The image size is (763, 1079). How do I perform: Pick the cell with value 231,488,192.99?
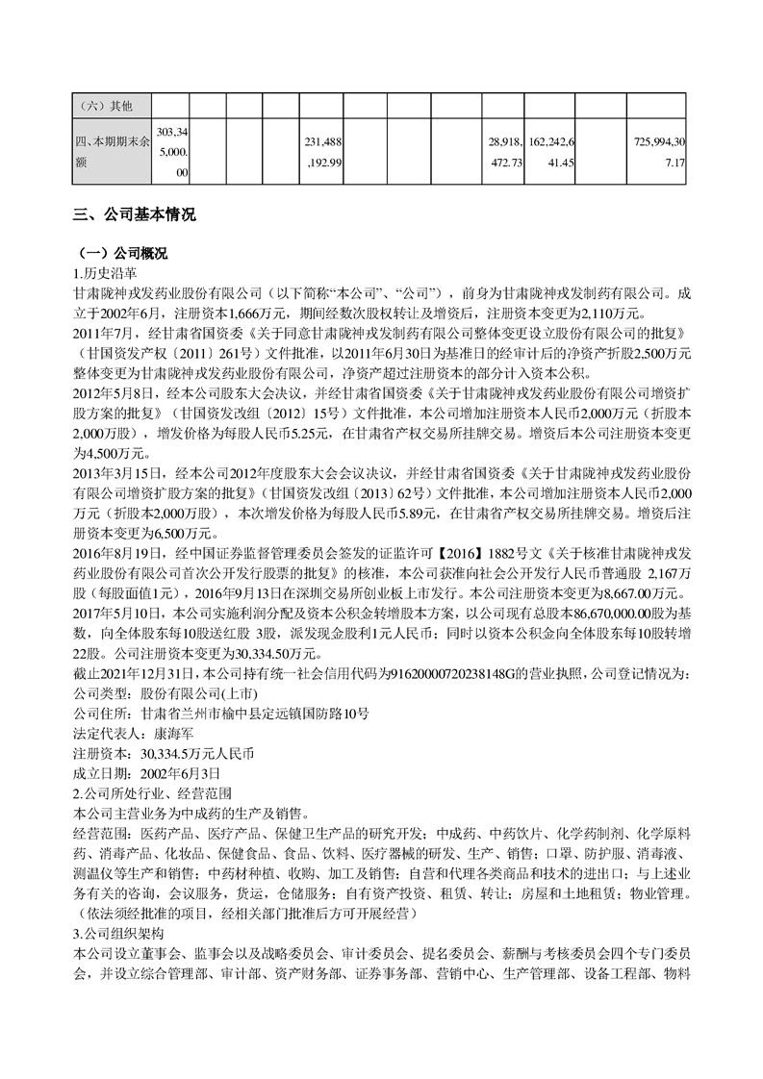(322, 151)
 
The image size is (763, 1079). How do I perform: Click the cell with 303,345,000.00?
(173, 151)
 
